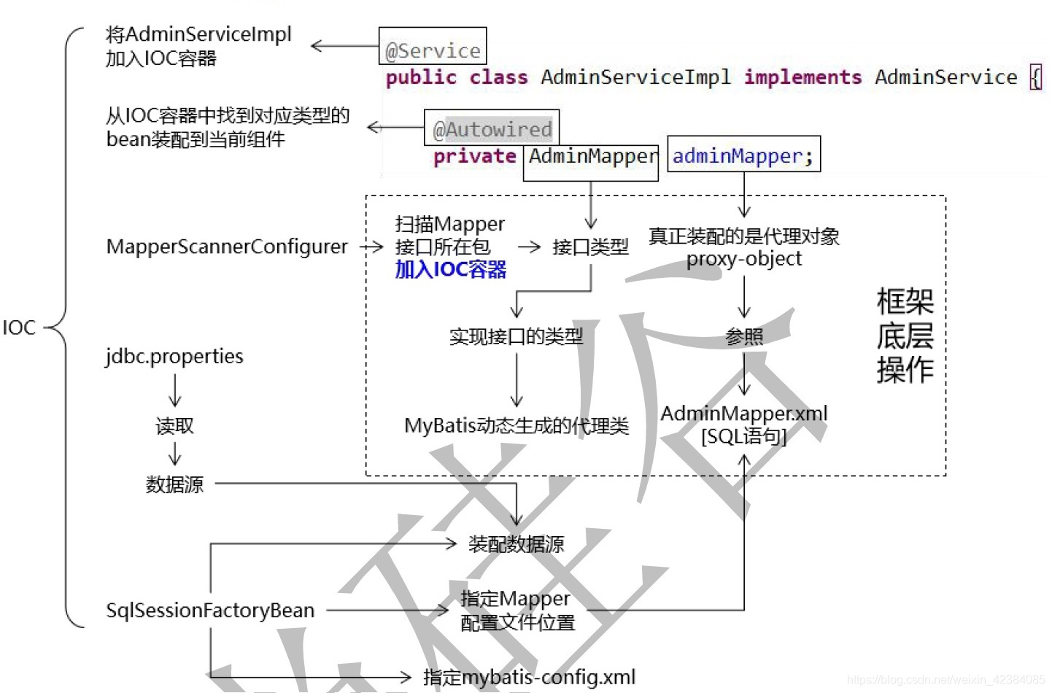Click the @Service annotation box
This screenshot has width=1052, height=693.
pos(433,47)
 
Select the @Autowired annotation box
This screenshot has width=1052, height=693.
pos(492,128)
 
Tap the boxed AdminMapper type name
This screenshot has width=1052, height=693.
pos(591,156)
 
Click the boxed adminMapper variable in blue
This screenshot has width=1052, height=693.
pos(743,155)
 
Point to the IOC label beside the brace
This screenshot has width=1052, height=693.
pos(19,328)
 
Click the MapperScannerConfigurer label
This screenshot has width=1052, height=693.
pos(227,247)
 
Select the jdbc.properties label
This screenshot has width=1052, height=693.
pos(174,356)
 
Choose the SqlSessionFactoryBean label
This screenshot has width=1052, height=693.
pos(210,610)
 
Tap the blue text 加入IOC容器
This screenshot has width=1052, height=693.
pos(451,270)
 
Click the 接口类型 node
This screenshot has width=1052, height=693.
pos(590,247)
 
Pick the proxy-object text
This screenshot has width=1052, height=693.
pos(743,259)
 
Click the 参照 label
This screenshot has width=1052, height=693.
pos(744,336)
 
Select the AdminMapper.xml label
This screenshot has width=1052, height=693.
pos(744,414)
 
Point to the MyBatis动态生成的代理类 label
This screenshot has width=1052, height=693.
pos(517,425)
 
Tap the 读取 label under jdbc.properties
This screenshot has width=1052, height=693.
pos(174,426)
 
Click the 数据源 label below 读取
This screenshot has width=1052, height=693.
pos(174,484)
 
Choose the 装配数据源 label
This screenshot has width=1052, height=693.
pos(516,544)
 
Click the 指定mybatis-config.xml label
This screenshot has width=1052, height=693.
pos(529,677)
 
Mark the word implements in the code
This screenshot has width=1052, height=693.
pos(802,77)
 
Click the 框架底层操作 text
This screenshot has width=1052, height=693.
pos(905,336)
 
